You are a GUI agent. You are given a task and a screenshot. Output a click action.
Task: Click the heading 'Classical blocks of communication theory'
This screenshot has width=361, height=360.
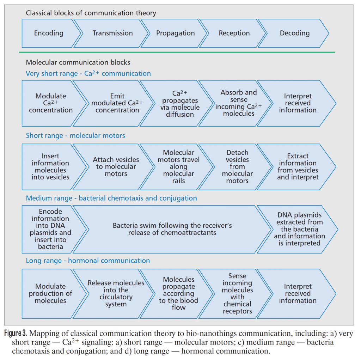91,13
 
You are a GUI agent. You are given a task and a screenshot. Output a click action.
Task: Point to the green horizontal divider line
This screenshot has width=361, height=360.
177,52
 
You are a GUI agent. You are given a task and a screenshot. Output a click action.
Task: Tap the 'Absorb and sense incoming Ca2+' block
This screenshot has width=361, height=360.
237,103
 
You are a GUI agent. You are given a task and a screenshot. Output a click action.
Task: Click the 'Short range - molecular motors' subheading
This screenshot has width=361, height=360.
75,135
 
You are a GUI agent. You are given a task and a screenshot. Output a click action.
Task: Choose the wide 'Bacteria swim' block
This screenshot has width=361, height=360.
172,229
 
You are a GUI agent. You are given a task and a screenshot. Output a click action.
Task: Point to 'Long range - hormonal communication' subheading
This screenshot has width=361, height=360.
88,261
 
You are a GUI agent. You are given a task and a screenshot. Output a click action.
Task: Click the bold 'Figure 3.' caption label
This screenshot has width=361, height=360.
16,333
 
